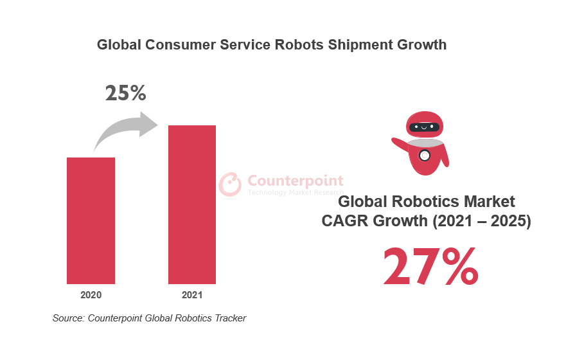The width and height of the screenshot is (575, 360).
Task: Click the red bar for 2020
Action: [x=91, y=221]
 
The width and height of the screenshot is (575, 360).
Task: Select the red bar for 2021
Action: [x=191, y=204]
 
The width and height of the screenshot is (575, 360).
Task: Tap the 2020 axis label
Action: [x=91, y=296]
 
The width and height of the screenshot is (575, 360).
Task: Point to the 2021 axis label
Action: [x=191, y=296]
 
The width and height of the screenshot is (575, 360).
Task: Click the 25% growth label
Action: [x=126, y=94]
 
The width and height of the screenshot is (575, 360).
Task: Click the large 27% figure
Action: [x=430, y=267]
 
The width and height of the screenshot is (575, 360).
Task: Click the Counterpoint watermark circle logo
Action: [x=230, y=184]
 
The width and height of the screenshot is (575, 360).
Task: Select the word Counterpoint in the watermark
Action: [x=296, y=181]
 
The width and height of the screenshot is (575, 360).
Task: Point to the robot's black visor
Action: [x=424, y=127]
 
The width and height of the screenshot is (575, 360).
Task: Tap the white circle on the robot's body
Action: [x=424, y=155]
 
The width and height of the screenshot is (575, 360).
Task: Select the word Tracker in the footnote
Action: [x=229, y=318]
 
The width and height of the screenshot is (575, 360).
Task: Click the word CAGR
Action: [x=344, y=221]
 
